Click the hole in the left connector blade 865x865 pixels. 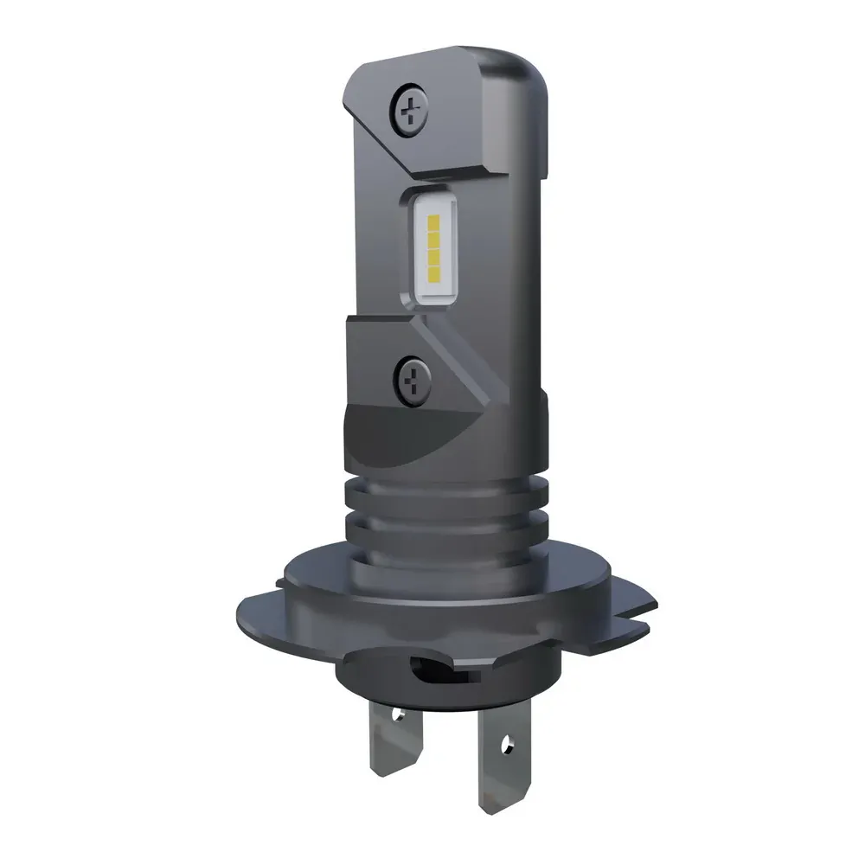398,714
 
